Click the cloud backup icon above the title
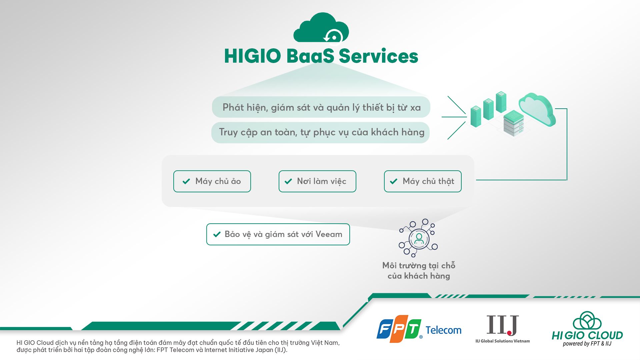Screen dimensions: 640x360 321,28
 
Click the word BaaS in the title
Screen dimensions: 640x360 310,56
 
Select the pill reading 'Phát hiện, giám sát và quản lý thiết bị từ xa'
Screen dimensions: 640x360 321,107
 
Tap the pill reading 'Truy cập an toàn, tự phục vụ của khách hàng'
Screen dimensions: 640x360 320,132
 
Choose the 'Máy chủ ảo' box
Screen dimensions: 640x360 212,181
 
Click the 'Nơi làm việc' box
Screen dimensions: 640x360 317,181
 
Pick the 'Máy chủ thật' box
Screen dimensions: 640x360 423,181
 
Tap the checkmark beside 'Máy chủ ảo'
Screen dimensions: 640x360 186,181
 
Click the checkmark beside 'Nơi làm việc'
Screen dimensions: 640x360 288,181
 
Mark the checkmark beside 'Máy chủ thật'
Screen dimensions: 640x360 394,181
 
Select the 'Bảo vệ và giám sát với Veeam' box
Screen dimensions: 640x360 278,234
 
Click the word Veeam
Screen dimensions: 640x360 329,234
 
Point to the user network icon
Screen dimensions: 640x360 418,238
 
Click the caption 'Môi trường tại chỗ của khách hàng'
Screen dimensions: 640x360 419,271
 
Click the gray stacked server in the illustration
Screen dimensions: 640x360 513,123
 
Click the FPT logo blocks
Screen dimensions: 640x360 399,329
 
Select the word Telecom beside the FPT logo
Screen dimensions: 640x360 443,330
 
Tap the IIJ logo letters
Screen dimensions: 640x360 503,325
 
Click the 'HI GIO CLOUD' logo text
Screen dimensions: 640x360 587,335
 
